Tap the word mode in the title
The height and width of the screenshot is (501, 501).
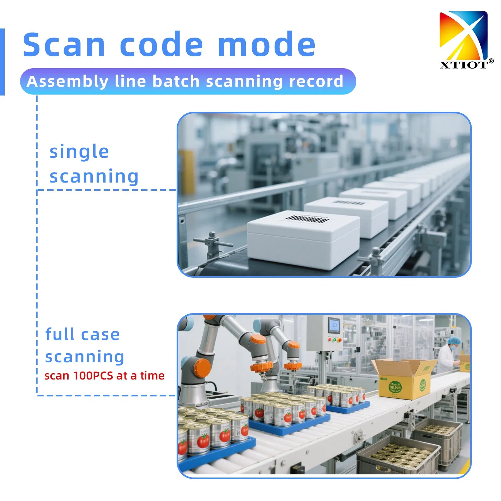(x=266, y=45)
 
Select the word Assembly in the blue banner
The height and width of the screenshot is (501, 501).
(x=67, y=81)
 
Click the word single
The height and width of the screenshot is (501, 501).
(x=79, y=152)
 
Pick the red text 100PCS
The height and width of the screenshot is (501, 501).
(x=93, y=375)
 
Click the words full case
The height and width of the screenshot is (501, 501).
(x=82, y=334)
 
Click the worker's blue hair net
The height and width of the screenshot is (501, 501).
(x=453, y=341)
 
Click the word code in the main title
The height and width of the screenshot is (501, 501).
(x=162, y=45)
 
